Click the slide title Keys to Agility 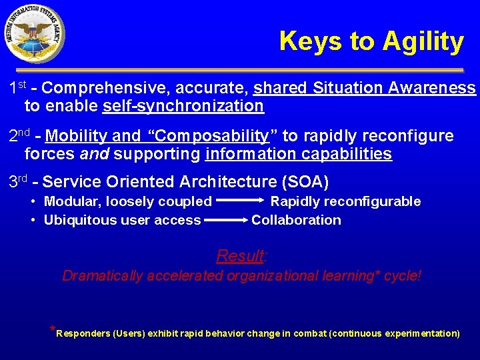point(371,41)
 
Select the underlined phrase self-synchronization point(183,106)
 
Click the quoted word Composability point(211,137)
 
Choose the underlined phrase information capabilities point(299,155)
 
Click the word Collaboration point(296,220)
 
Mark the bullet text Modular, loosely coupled point(127,201)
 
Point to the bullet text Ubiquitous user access point(122,220)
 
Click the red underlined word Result point(240,256)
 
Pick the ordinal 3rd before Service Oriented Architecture point(19,181)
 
